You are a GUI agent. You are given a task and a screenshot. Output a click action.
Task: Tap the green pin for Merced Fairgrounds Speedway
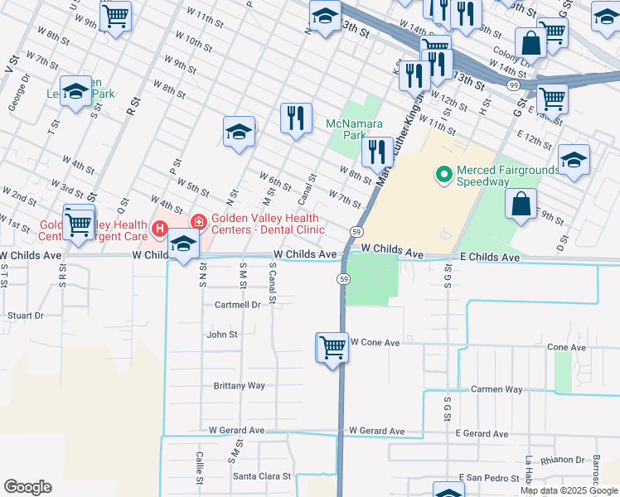pos(443,174)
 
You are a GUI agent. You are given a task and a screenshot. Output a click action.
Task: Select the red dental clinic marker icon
pos(198,221)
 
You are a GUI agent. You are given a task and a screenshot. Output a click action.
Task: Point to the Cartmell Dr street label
pos(238,305)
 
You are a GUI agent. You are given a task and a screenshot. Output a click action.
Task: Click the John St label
pos(222,335)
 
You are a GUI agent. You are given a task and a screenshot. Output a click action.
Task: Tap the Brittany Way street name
pos(240,386)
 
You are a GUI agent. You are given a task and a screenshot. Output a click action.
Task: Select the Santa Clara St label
pos(262,476)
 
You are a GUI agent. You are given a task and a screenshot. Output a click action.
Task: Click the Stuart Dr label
pos(25,316)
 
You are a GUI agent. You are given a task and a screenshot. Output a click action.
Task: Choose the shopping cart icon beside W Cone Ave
pos(332,346)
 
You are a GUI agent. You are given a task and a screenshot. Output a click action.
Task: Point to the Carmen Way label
pos(496,388)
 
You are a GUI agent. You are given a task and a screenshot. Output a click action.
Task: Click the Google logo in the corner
pos(27,487)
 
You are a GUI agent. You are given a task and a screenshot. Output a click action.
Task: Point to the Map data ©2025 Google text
pos(569,490)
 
